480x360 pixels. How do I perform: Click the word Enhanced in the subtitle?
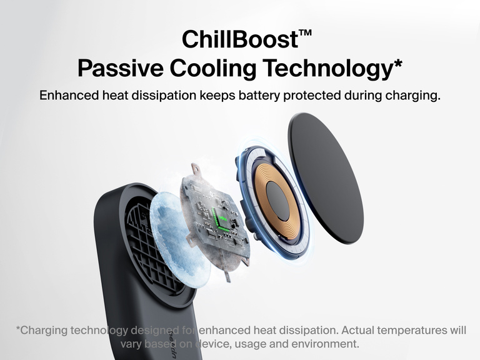(x=68, y=96)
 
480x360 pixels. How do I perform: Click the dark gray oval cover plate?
(x=324, y=177)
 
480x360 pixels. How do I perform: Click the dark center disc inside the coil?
(x=277, y=201)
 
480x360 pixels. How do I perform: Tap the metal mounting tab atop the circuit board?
(x=196, y=169)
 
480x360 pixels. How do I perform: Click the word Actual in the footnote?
(x=359, y=329)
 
